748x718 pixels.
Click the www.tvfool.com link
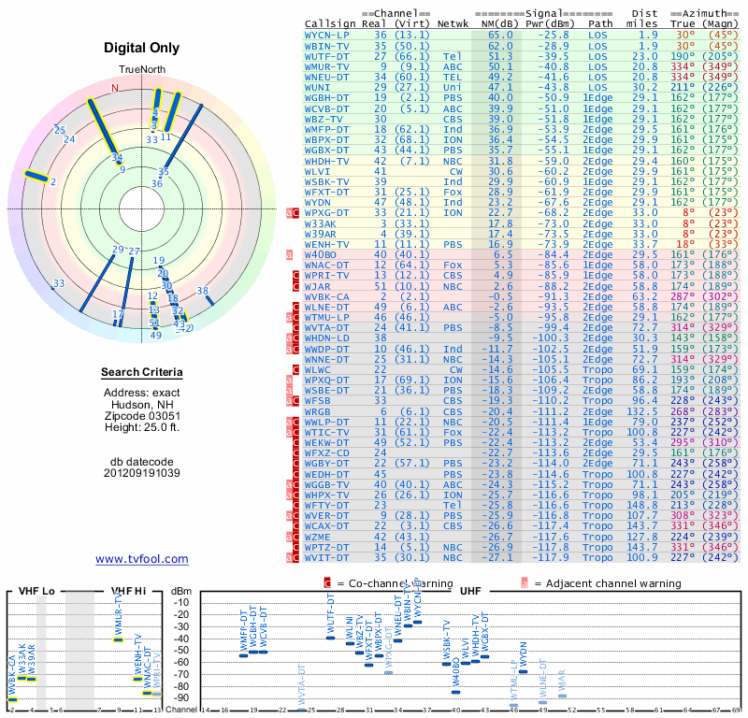(x=141, y=559)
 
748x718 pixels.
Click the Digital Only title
(x=141, y=48)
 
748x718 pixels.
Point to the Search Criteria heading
(x=141, y=373)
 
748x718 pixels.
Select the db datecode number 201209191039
(x=141, y=473)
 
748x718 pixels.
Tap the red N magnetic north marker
(x=116, y=88)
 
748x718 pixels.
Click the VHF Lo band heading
(x=36, y=592)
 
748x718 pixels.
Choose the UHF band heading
(x=471, y=592)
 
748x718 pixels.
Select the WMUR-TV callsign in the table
(x=331, y=67)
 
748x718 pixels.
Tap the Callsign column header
(x=331, y=22)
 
